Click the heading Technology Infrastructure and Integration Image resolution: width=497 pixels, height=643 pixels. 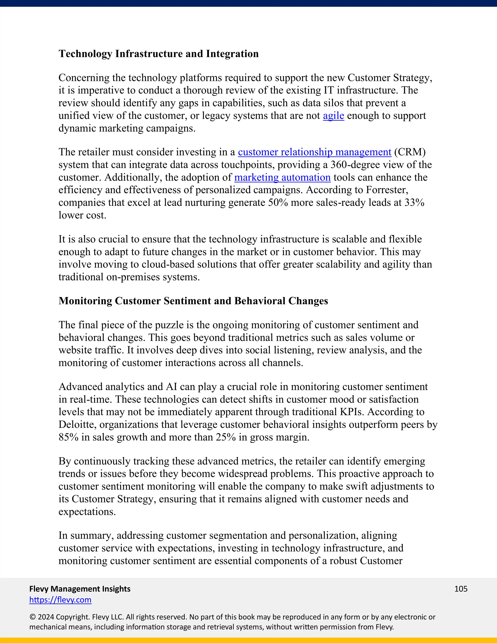coord(158,54)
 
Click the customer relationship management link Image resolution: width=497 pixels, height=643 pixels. coord(315,152)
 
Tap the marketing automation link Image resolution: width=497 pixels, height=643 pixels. coord(282,178)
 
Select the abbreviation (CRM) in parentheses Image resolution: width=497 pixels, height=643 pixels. coord(410,152)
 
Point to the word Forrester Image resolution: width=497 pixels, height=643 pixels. coord(387,190)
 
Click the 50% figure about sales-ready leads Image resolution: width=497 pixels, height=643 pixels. coord(278,203)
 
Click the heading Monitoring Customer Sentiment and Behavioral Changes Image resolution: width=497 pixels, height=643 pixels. coord(193,301)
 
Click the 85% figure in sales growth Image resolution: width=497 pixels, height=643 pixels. coord(68,437)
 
